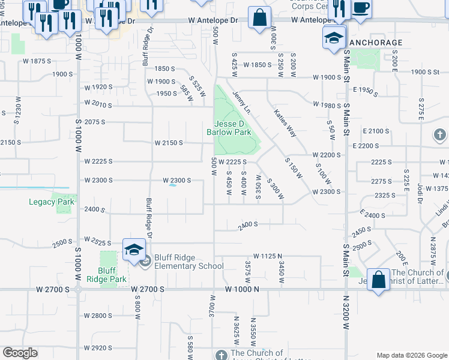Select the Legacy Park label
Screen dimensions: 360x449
point(51,202)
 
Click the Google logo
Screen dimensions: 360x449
point(20,353)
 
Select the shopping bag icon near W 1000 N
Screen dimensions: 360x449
point(378,279)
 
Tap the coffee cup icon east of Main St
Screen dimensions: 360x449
point(361,8)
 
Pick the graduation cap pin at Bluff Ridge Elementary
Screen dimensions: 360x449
point(133,250)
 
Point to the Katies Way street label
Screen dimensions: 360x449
point(285,122)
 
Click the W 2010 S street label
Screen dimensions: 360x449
point(98,104)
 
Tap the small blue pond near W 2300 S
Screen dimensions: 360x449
point(173,185)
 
